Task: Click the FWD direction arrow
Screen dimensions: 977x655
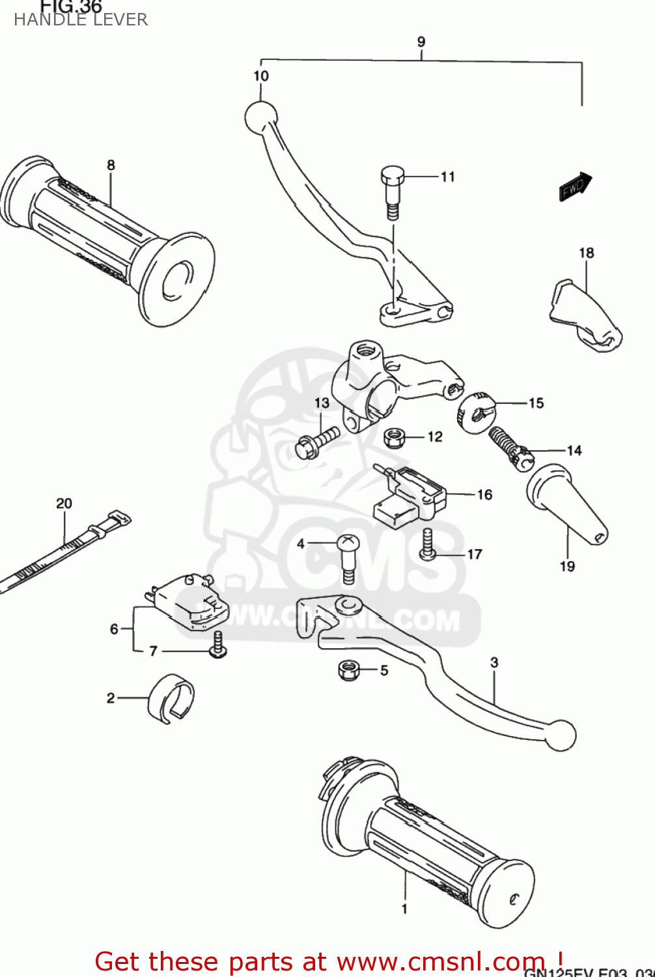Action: pos(575,186)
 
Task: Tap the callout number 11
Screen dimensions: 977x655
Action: pos(447,177)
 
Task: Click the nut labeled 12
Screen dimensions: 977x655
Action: pos(393,437)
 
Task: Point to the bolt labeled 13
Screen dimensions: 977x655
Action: pos(317,441)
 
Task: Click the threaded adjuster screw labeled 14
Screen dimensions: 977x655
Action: pos(510,447)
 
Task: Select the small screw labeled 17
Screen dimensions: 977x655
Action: pos(428,544)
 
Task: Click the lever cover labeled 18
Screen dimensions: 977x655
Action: pos(584,314)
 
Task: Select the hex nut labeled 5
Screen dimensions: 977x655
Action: pos(350,670)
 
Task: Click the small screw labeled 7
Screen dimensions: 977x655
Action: pos(218,646)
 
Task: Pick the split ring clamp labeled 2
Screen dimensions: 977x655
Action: pos(172,698)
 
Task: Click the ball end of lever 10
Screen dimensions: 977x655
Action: pos(260,118)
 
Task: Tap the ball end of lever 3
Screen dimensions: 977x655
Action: pos(560,735)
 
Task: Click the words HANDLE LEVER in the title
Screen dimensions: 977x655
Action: pos(81,20)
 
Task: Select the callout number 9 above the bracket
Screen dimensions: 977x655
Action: pos(421,42)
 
